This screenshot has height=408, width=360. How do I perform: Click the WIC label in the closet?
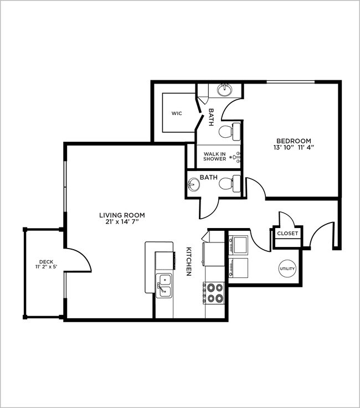tap(177, 113)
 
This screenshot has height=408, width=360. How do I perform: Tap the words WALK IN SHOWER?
tap(214, 157)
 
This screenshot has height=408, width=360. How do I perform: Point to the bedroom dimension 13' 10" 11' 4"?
tap(292, 148)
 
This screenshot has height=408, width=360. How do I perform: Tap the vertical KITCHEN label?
tap(189, 261)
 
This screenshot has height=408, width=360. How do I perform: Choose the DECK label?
tap(45, 262)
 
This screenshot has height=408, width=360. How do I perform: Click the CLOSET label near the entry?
tap(287, 234)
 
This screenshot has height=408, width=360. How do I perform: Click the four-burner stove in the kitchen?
tap(214, 293)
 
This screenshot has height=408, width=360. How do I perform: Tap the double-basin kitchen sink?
tap(164, 286)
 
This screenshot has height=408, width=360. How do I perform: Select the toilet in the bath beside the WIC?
tap(229, 131)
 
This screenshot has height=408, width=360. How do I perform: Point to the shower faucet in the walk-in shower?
tap(237, 156)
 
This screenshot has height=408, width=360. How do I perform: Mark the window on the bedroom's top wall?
tap(291, 82)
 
